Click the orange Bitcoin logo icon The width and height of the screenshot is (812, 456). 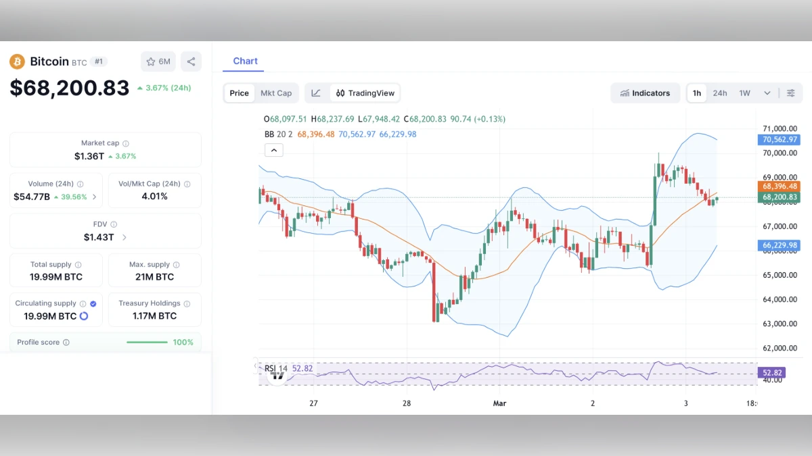pyautogui.click(x=17, y=61)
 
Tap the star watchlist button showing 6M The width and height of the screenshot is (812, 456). pyautogui.click(x=158, y=61)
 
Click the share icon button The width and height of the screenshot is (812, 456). pyautogui.click(x=191, y=61)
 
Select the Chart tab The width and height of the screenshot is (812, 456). pyautogui.click(x=245, y=61)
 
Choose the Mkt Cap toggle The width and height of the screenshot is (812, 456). pyautogui.click(x=276, y=93)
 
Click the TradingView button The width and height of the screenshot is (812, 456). pyautogui.click(x=365, y=93)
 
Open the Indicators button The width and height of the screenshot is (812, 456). pyautogui.click(x=645, y=93)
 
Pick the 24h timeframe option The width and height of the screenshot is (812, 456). pyautogui.click(x=720, y=93)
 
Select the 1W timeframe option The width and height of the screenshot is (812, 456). pyautogui.click(x=744, y=93)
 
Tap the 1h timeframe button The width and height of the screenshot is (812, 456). pyautogui.click(x=697, y=93)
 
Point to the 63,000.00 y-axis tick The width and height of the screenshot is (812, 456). pyautogui.click(x=780, y=324)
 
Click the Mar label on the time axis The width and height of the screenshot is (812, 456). pyautogui.click(x=499, y=403)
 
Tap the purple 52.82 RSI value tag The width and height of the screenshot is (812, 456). pyautogui.click(x=772, y=372)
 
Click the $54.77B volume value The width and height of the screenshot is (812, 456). pyautogui.click(x=31, y=197)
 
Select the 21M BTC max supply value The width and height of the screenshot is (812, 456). pyautogui.click(x=155, y=277)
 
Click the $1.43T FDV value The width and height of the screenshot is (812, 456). pyautogui.click(x=99, y=237)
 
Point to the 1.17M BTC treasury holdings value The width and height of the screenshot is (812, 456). pyautogui.click(x=155, y=316)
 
